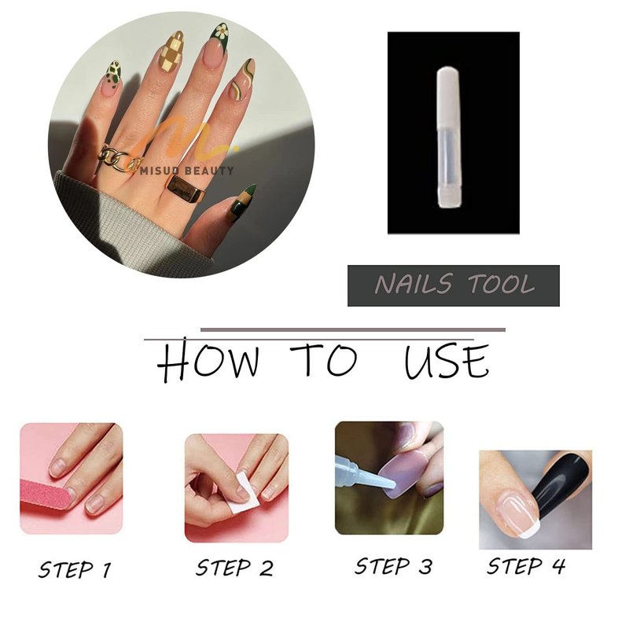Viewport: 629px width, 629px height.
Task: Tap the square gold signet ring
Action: coord(186,190)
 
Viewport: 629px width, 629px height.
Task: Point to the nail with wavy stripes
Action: coord(243,79)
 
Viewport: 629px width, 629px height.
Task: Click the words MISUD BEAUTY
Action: coord(187,171)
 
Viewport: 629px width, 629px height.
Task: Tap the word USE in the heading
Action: coord(447,362)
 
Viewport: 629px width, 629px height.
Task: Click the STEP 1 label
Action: coord(75,569)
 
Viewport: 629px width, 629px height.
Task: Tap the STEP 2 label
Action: coord(234,568)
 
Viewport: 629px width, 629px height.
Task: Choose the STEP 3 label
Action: coord(394,566)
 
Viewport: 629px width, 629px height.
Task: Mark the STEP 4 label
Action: coord(526,566)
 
